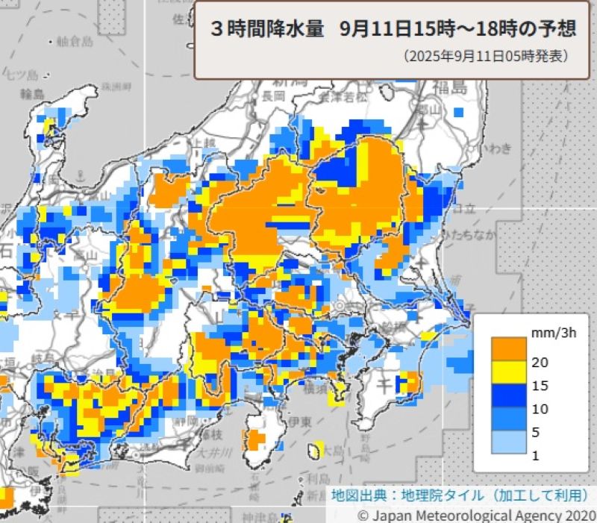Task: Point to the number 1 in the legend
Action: (x=535, y=455)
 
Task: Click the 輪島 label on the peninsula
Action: (x=34, y=93)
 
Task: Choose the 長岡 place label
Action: (x=273, y=95)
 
